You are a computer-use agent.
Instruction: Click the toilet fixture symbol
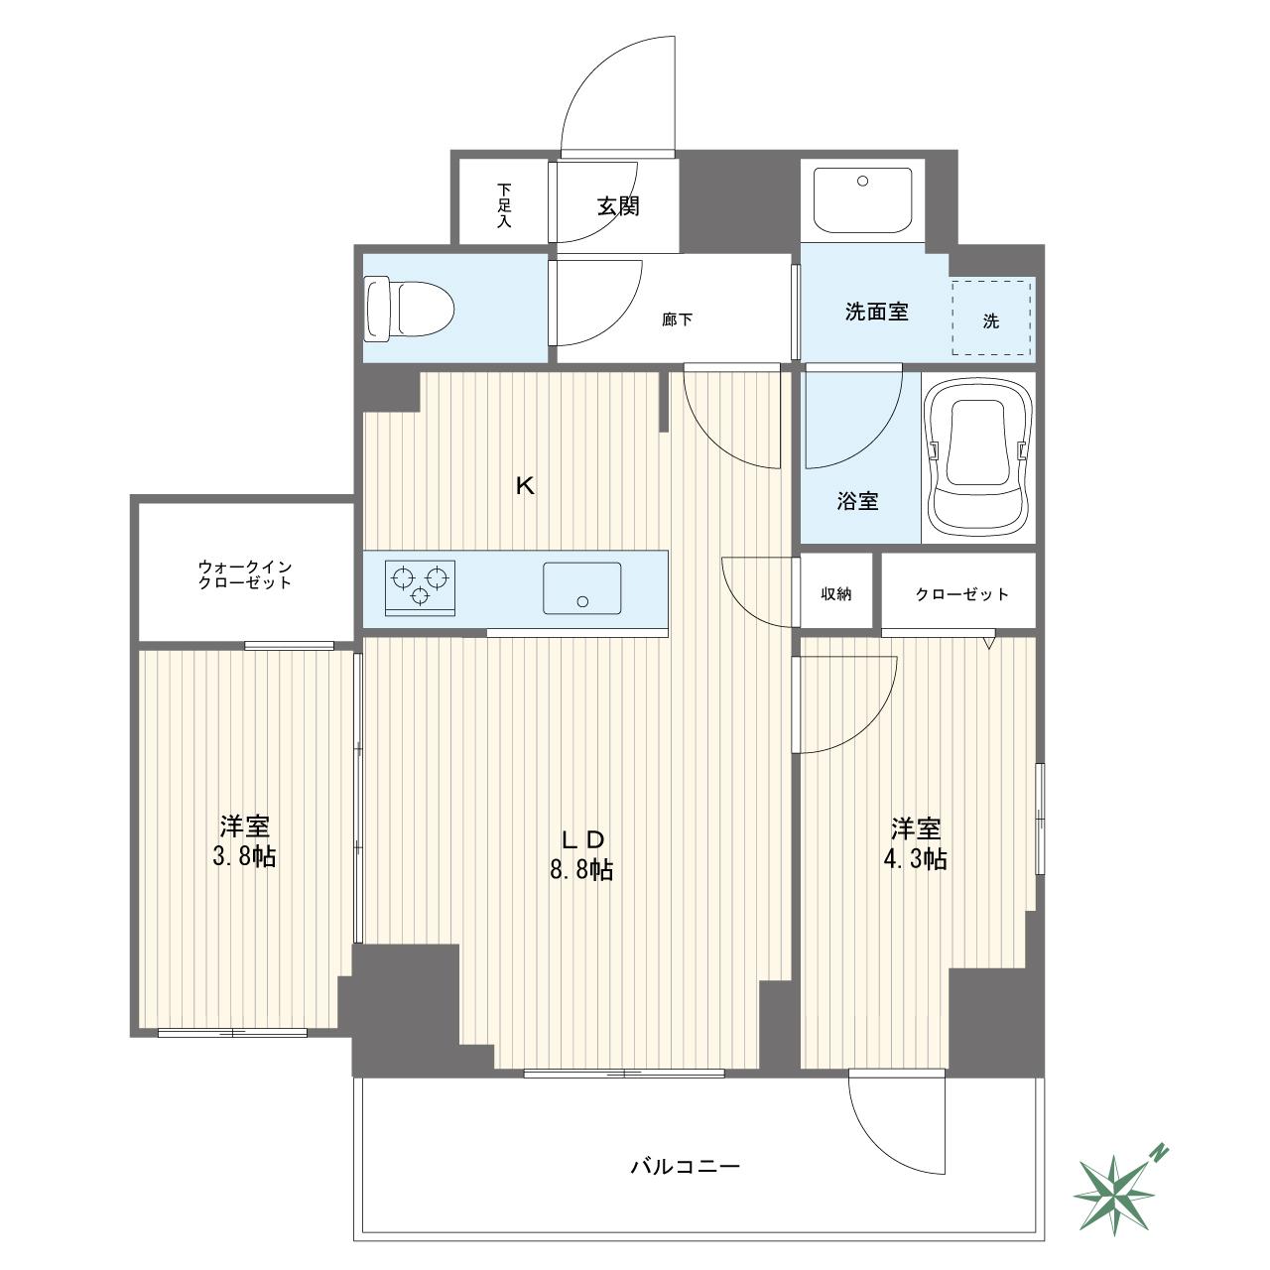point(410,310)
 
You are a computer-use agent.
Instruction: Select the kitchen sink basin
point(582,588)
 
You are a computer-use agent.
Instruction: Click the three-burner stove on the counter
point(420,588)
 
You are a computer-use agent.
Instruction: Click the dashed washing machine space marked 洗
point(991,317)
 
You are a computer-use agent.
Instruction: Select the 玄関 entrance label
point(618,206)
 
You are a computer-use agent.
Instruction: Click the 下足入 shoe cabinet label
point(503,205)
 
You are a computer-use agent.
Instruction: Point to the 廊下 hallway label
point(677,320)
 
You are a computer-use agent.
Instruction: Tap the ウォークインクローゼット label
point(244,574)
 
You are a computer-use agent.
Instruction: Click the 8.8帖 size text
point(581,870)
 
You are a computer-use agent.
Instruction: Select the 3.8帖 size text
point(244,857)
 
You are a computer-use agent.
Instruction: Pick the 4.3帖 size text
point(916,859)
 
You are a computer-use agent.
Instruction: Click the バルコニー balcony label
point(685,1167)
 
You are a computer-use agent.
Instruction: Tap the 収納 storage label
point(835,593)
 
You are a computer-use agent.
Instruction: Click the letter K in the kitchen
point(525,486)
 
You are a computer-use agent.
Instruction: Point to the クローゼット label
point(961,594)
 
